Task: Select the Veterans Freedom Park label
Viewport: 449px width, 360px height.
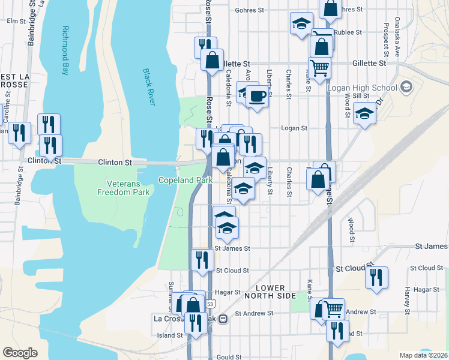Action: pos(124,187)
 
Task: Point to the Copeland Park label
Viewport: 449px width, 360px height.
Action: pos(185,180)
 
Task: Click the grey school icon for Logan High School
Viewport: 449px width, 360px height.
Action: pos(406,88)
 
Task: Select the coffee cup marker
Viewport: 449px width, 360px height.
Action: pos(258,96)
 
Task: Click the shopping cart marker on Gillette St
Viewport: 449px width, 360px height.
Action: pos(319,67)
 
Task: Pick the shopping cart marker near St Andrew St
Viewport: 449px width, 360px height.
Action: pos(334,308)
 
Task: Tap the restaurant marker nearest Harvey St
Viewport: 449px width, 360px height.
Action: pos(376,277)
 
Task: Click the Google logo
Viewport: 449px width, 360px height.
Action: pos(20,352)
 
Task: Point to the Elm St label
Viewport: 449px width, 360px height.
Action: pos(13,21)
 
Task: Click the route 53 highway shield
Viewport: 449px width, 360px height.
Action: pos(210,304)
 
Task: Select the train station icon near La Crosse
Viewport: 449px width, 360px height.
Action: pos(223,319)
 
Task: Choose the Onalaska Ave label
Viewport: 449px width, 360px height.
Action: pos(397,36)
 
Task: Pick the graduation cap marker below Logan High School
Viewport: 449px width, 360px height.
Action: pos(364,114)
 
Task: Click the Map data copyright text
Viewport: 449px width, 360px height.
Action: pos(423,355)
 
